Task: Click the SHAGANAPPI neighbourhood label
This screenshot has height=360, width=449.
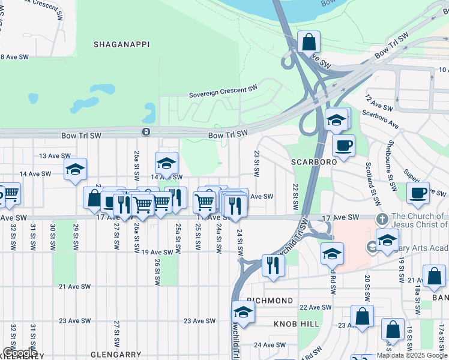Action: click(121, 44)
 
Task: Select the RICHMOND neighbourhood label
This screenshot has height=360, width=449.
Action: click(270, 300)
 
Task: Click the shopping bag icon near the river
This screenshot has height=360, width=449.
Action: click(309, 43)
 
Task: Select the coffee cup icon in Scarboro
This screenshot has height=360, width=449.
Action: click(343, 146)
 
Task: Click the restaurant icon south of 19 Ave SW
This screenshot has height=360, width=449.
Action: click(273, 265)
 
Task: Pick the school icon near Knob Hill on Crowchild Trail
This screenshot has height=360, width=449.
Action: click(243, 312)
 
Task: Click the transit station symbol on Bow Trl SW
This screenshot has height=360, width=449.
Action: click(146, 131)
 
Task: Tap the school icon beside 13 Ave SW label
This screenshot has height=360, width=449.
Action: click(75, 169)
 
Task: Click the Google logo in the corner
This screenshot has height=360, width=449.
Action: click(19, 353)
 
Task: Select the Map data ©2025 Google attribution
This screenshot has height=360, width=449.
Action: click(412, 355)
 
